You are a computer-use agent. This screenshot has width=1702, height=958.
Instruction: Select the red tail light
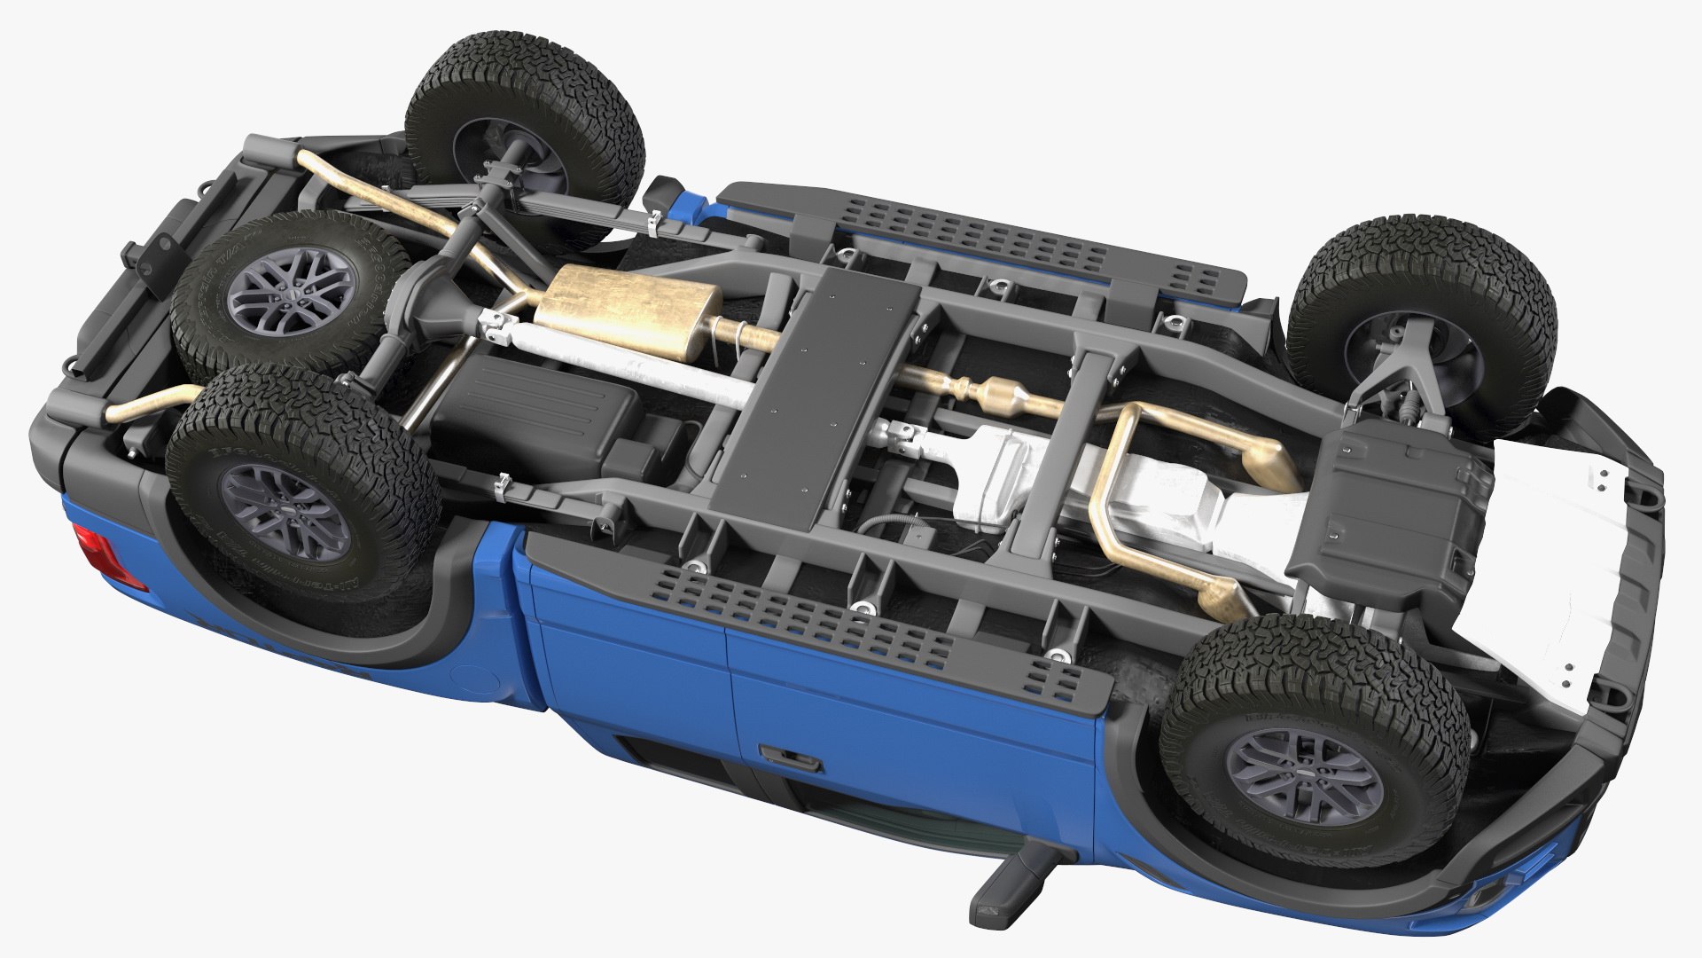pyautogui.click(x=99, y=552)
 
